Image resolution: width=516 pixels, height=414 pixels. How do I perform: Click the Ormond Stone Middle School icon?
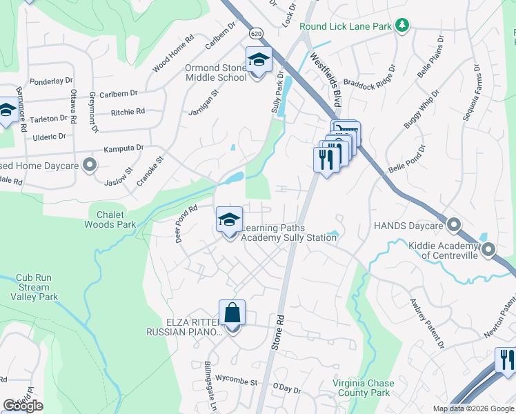coord(259,61)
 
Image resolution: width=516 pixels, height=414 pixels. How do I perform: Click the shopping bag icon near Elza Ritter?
coord(232,314)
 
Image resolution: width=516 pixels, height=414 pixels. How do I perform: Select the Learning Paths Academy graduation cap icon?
coord(230,221)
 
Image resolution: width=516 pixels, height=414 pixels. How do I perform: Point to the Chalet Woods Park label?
coord(110,219)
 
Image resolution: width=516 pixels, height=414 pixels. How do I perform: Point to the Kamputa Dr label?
coord(123,148)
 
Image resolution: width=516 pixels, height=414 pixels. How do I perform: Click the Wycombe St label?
coord(235,382)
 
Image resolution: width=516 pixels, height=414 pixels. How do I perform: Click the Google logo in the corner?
coord(23,406)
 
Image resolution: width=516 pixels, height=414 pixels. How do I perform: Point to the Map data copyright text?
coord(473,408)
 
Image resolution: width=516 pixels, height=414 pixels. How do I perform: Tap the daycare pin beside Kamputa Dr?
coord(88,164)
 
